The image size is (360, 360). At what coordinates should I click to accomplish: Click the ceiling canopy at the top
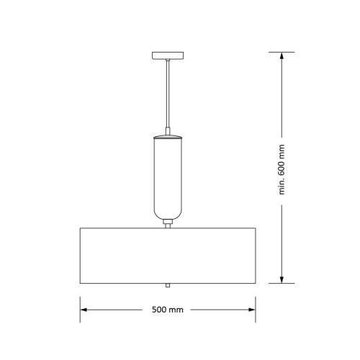point(167,55)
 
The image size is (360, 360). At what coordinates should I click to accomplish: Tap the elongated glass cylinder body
point(167,176)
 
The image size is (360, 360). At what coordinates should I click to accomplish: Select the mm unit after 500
point(176,310)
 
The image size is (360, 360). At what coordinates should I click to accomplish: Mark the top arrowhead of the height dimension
point(282,58)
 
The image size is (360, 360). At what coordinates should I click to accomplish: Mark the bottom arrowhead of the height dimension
point(282,279)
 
